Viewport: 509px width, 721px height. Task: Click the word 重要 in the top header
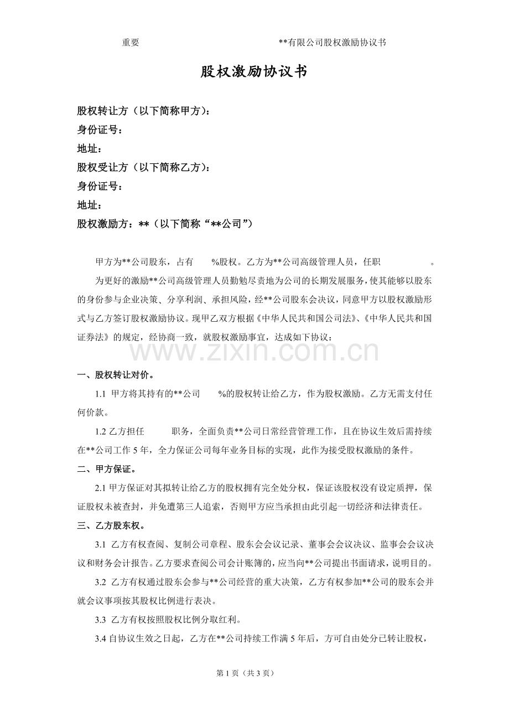coord(131,43)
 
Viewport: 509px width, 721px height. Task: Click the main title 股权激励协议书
coord(254,72)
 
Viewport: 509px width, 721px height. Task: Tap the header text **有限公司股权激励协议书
coord(333,43)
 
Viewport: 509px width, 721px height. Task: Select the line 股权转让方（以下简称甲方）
coord(143,111)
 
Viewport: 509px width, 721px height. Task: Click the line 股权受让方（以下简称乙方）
coord(143,167)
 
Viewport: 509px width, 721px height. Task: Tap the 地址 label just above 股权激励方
coord(89,205)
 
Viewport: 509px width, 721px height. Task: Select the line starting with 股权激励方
coord(164,224)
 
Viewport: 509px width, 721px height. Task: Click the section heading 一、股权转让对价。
coord(116,375)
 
